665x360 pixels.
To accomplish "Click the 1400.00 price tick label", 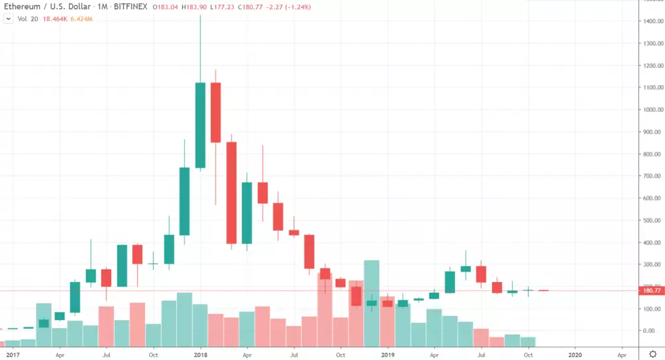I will pos(652,21).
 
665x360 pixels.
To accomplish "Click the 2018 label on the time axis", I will pos(200,355).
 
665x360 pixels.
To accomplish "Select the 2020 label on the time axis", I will pos(575,355).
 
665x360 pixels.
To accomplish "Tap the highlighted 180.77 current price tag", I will pos(652,291).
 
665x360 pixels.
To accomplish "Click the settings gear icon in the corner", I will pos(652,354).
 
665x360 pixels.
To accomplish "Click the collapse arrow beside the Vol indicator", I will pos(8,19).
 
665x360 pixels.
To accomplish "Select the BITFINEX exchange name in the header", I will pos(130,7).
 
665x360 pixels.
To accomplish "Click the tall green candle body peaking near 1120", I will pos(200,125).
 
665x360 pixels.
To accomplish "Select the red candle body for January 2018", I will pos(215,112).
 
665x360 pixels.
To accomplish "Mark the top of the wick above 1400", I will pos(200,15).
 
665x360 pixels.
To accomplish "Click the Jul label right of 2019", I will pos(481,355).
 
